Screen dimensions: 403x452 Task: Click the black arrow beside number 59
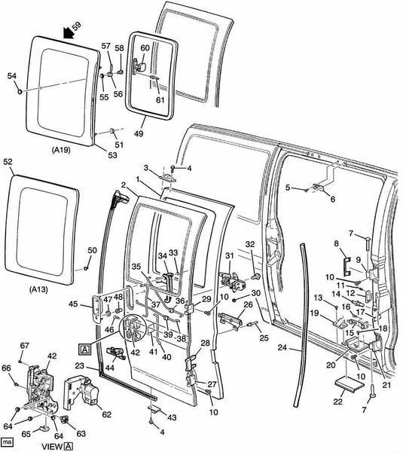69,32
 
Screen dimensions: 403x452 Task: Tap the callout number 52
8,162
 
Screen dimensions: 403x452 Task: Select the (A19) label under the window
61,150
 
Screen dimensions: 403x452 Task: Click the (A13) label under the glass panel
38,289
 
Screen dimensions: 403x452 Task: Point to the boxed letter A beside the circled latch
85,350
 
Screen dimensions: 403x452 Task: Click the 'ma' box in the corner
8,442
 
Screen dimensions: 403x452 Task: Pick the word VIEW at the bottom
53,447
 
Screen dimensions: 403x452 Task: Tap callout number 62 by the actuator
107,414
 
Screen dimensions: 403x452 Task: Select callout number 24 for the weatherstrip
282,347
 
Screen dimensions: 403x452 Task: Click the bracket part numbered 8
347,265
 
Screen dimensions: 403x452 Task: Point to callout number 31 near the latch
230,255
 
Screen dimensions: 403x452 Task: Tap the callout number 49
139,133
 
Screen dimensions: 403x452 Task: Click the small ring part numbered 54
20,92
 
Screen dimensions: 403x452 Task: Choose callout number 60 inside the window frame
145,48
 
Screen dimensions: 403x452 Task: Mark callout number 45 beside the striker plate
73,304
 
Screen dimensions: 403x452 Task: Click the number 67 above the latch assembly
25,345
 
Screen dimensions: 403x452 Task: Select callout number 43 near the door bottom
172,417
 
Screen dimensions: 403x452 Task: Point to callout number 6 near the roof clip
333,199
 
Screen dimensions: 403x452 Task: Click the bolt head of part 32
255,276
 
